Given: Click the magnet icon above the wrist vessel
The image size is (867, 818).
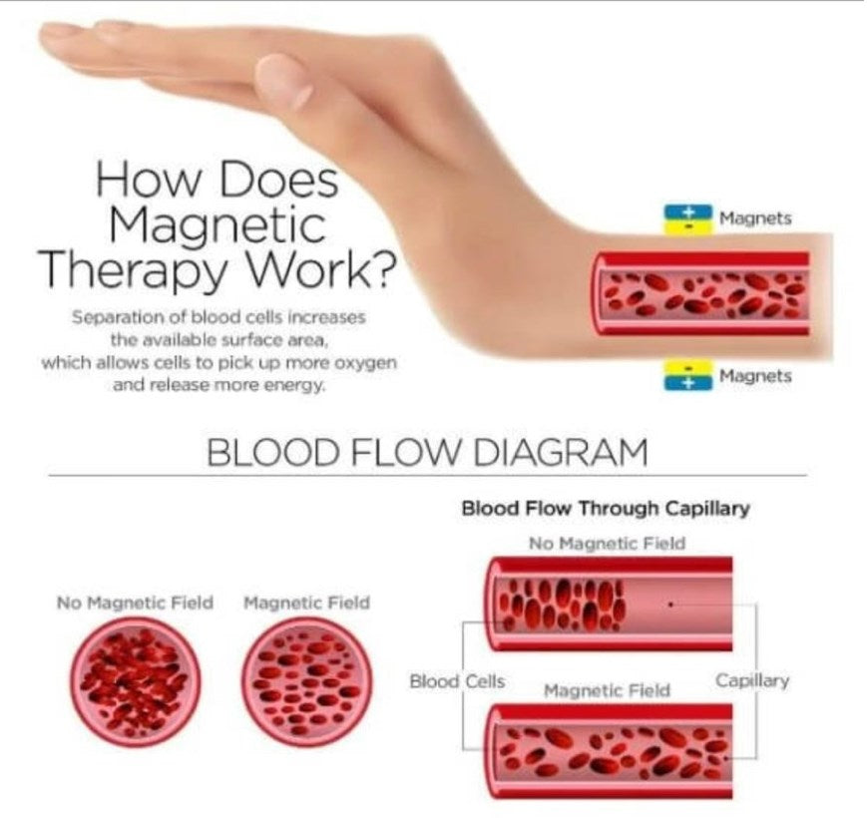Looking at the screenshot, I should coord(688,218).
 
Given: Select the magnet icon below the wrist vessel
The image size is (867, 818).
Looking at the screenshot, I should coord(688,376).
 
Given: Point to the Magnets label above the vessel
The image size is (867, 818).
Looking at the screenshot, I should coord(755,218).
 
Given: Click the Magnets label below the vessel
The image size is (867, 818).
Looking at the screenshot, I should coord(755,376).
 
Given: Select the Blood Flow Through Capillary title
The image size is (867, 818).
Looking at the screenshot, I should coord(605,509).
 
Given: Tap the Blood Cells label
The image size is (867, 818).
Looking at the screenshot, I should coord(457,682).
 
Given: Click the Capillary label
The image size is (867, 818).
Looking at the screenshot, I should coord(752,680).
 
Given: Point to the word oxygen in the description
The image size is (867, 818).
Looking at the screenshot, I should coord(369,362).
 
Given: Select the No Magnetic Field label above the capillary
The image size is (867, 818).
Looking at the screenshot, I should coord(607,543).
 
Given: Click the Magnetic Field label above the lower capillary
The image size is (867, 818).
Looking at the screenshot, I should coord(607,689).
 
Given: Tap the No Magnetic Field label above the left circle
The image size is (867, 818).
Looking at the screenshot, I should coord(136,603).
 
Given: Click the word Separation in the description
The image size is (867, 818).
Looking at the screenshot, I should coord(113,317).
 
